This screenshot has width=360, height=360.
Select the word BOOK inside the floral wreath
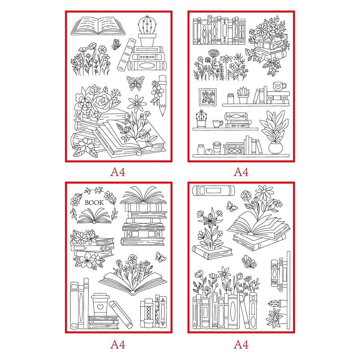pos(94,203)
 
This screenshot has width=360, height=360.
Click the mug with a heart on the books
pos(279,86)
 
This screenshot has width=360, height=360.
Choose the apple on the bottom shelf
pos(208,151)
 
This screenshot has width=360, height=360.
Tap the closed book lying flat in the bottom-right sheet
pos(214,190)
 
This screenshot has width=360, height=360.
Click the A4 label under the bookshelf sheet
pos(241,172)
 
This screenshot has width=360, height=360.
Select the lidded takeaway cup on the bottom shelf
pos(217,148)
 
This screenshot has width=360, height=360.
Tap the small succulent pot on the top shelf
pos(243,96)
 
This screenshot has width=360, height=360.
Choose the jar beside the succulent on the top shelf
pos(231,99)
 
